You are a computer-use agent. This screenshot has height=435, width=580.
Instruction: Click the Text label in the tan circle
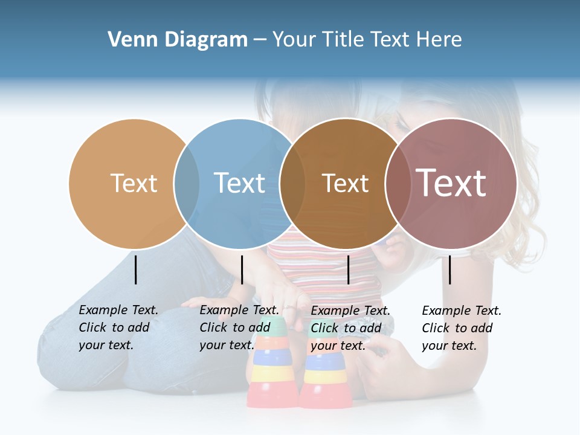click(134, 183)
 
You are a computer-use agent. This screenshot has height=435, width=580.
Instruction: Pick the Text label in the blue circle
click(240, 183)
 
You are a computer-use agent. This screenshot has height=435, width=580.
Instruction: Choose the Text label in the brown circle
click(346, 183)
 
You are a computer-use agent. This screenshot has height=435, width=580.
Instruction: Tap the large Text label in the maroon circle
click(451, 182)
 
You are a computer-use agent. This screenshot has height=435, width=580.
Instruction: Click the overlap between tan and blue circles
click(187, 184)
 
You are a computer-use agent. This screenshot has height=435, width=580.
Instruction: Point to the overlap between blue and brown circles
click(292, 184)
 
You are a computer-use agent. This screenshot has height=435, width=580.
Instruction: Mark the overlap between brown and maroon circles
click(398, 184)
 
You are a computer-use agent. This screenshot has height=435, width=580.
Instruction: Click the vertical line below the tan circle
click(136, 269)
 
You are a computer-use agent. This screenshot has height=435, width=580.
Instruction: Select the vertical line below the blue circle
click(242, 269)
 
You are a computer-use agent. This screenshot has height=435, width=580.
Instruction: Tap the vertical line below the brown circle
click(348, 269)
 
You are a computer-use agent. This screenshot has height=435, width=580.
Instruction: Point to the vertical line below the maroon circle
click(450, 269)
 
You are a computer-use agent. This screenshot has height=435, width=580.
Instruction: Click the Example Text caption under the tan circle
click(118, 327)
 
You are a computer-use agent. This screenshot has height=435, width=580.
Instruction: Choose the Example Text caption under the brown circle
click(350, 328)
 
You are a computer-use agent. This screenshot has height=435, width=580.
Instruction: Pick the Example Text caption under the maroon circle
click(461, 328)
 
